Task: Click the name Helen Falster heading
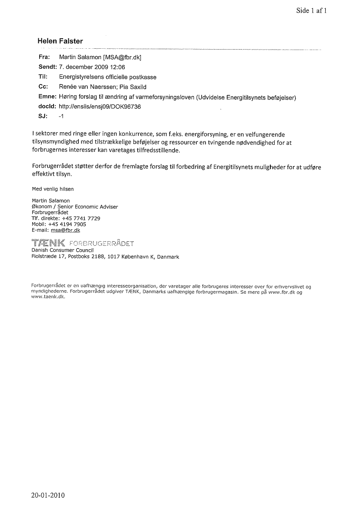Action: (60, 41)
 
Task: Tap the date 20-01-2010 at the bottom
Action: (47, 495)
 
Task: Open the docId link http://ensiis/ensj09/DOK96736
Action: (100, 107)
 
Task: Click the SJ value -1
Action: (61, 117)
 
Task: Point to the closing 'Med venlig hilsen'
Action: (53, 189)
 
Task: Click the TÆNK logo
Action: (48, 242)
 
